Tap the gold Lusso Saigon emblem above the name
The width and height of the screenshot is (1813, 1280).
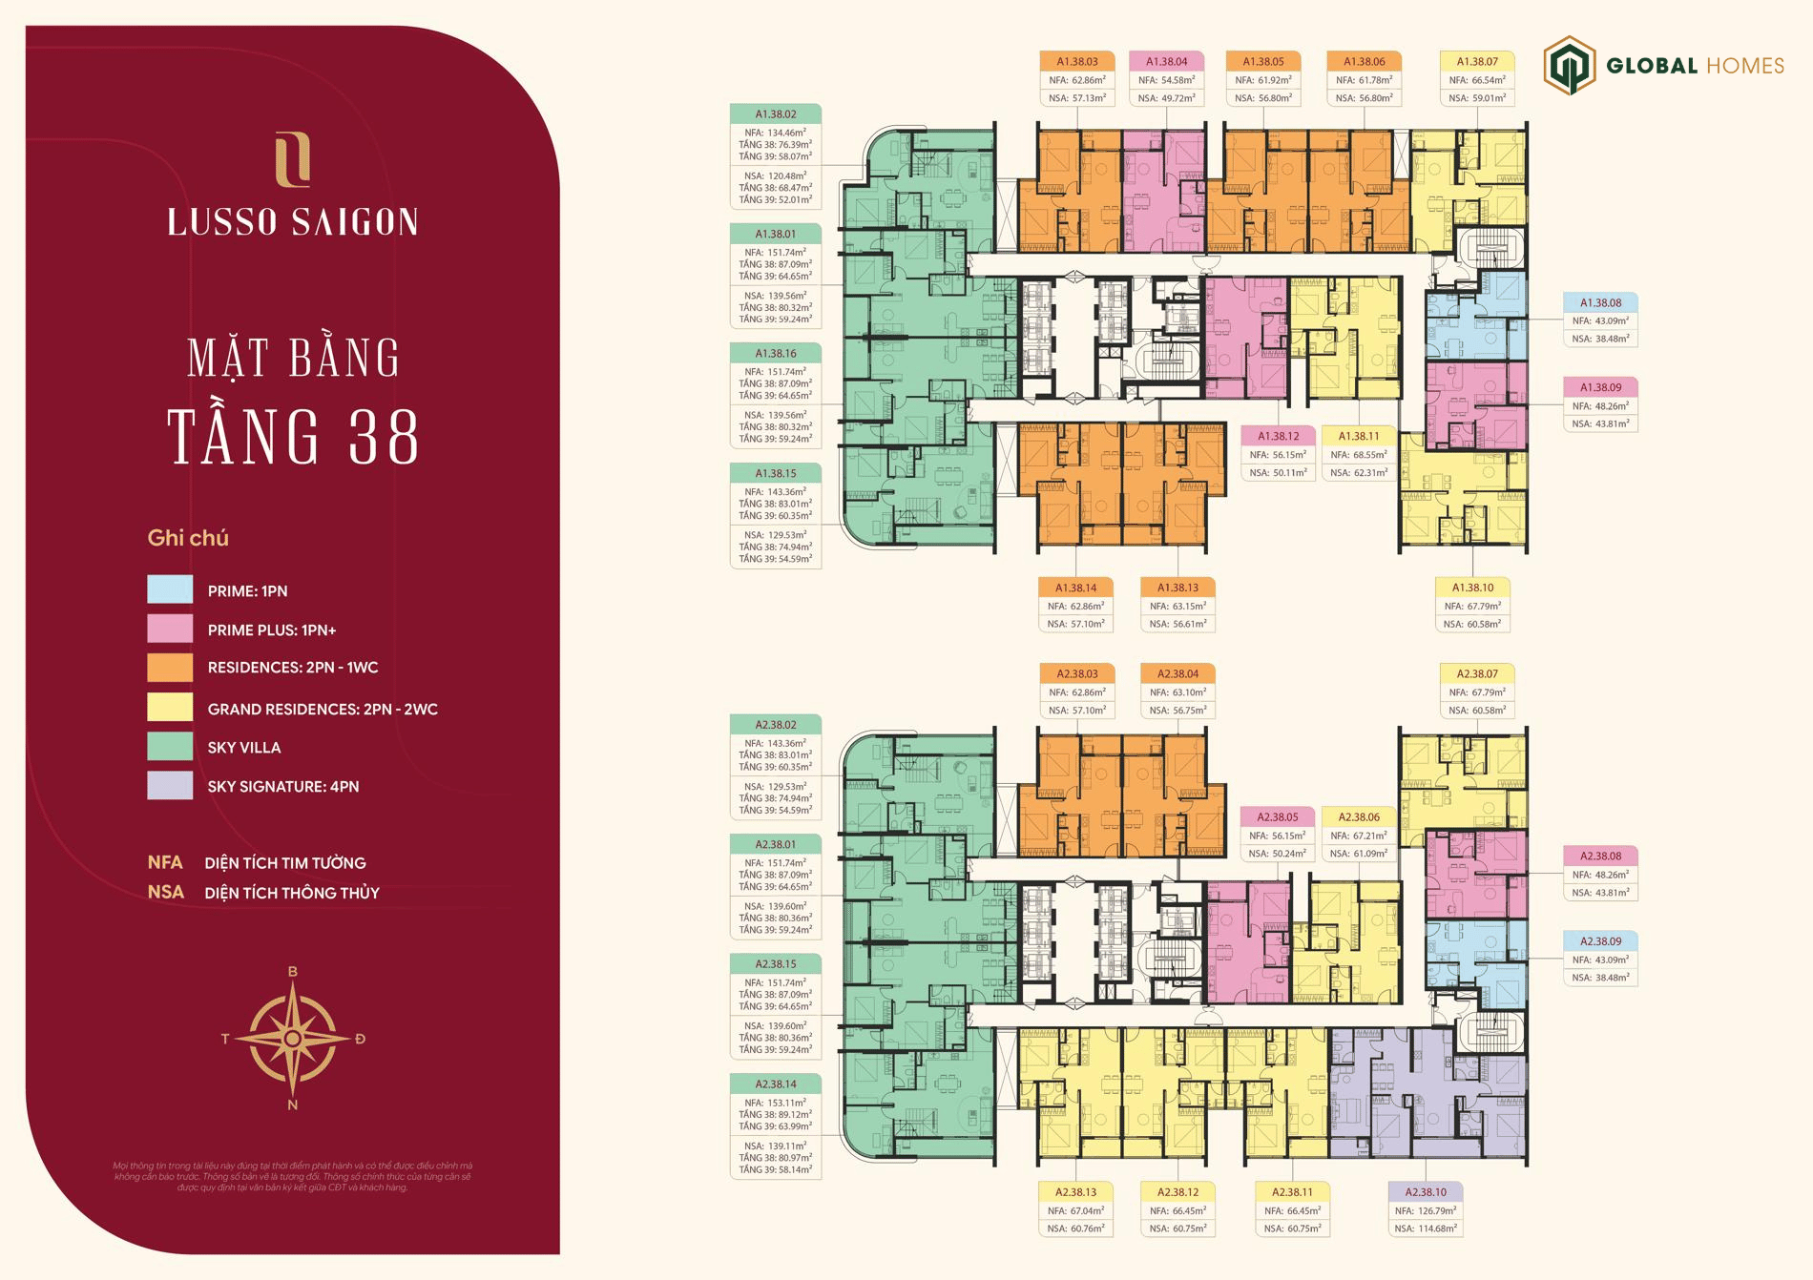click(293, 160)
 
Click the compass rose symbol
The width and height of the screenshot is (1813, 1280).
click(293, 1038)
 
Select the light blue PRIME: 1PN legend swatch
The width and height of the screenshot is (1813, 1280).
click(170, 589)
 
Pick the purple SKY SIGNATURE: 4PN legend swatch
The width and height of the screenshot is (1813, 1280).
click(170, 785)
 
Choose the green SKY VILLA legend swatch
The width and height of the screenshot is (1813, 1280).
click(170, 746)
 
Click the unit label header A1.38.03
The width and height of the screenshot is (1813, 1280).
click(1077, 61)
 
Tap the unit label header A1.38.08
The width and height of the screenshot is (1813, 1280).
click(1600, 302)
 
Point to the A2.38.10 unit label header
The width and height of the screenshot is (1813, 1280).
click(1425, 1191)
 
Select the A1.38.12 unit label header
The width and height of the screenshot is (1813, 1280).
click(1278, 436)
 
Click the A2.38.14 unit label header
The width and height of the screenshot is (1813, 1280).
click(775, 1084)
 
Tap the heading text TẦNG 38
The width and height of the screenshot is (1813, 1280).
click(293, 438)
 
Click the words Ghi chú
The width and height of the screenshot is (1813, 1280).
click(188, 538)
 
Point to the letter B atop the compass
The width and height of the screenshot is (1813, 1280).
click(293, 972)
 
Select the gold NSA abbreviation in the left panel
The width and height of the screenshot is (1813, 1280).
click(166, 892)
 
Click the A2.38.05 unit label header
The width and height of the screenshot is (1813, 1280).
click(1278, 816)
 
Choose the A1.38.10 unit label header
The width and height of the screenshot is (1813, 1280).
click(1472, 588)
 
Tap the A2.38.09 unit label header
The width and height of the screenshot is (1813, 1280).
click(1600, 941)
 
